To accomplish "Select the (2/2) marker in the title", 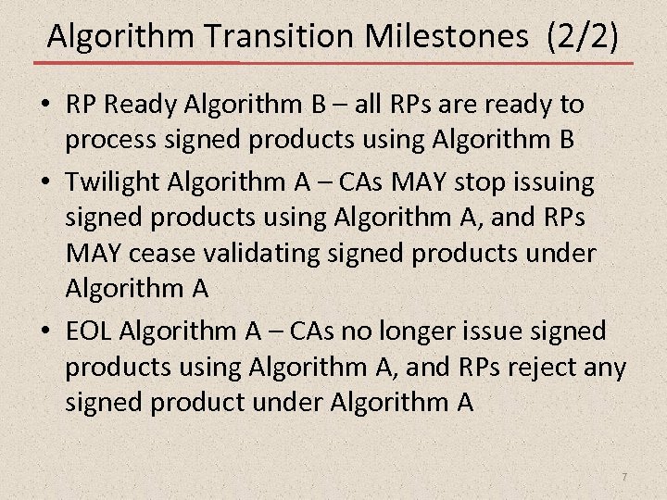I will (x=583, y=36).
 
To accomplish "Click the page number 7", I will (x=624, y=476).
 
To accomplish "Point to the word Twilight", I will (x=107, y=181).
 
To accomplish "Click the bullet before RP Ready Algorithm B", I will (x=44, y=105).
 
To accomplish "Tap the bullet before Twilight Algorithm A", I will (x=44, y=181).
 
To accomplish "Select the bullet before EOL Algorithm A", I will (x=44, y=331).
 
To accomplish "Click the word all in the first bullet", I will (x=368, y=105).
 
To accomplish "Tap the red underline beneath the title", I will (x=333, y=63).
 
